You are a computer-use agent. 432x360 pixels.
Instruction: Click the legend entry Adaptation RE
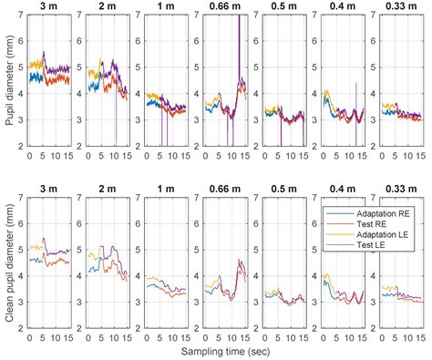[x=368, y=213]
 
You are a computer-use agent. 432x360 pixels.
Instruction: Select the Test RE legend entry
[x=356, y=224]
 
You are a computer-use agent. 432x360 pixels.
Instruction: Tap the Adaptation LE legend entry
[x=367, y=234]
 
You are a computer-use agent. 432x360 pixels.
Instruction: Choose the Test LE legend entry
[x=356, y=245]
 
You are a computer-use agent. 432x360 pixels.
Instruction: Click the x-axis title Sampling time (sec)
[x=225, y=352]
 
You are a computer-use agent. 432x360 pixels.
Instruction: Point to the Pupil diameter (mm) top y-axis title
[x=10, y=80]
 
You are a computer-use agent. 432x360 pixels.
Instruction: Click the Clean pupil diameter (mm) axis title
[x=10, y=262]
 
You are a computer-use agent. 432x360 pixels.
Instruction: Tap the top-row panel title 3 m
[x=48, y=6]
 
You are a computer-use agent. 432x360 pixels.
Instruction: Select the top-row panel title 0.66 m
[x=225, y=6]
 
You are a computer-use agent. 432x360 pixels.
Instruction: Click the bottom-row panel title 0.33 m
[x=401, y=189]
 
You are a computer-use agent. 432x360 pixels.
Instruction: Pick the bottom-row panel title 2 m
[x=108, y=189]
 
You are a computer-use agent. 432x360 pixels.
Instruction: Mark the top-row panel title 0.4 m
[x=343, y=6]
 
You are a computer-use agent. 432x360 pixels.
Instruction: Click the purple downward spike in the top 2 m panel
[x=116, y=118]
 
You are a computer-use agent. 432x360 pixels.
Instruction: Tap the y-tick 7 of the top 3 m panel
[x=22, y=15]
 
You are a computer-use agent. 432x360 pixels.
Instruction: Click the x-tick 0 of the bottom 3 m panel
[x=29, y=338]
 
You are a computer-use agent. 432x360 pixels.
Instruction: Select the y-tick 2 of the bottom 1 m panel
[x=139, y=328]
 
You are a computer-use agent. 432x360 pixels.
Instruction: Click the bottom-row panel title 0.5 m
[x=283, y=189]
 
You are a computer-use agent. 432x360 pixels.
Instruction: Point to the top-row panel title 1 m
[x=166, y=6]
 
